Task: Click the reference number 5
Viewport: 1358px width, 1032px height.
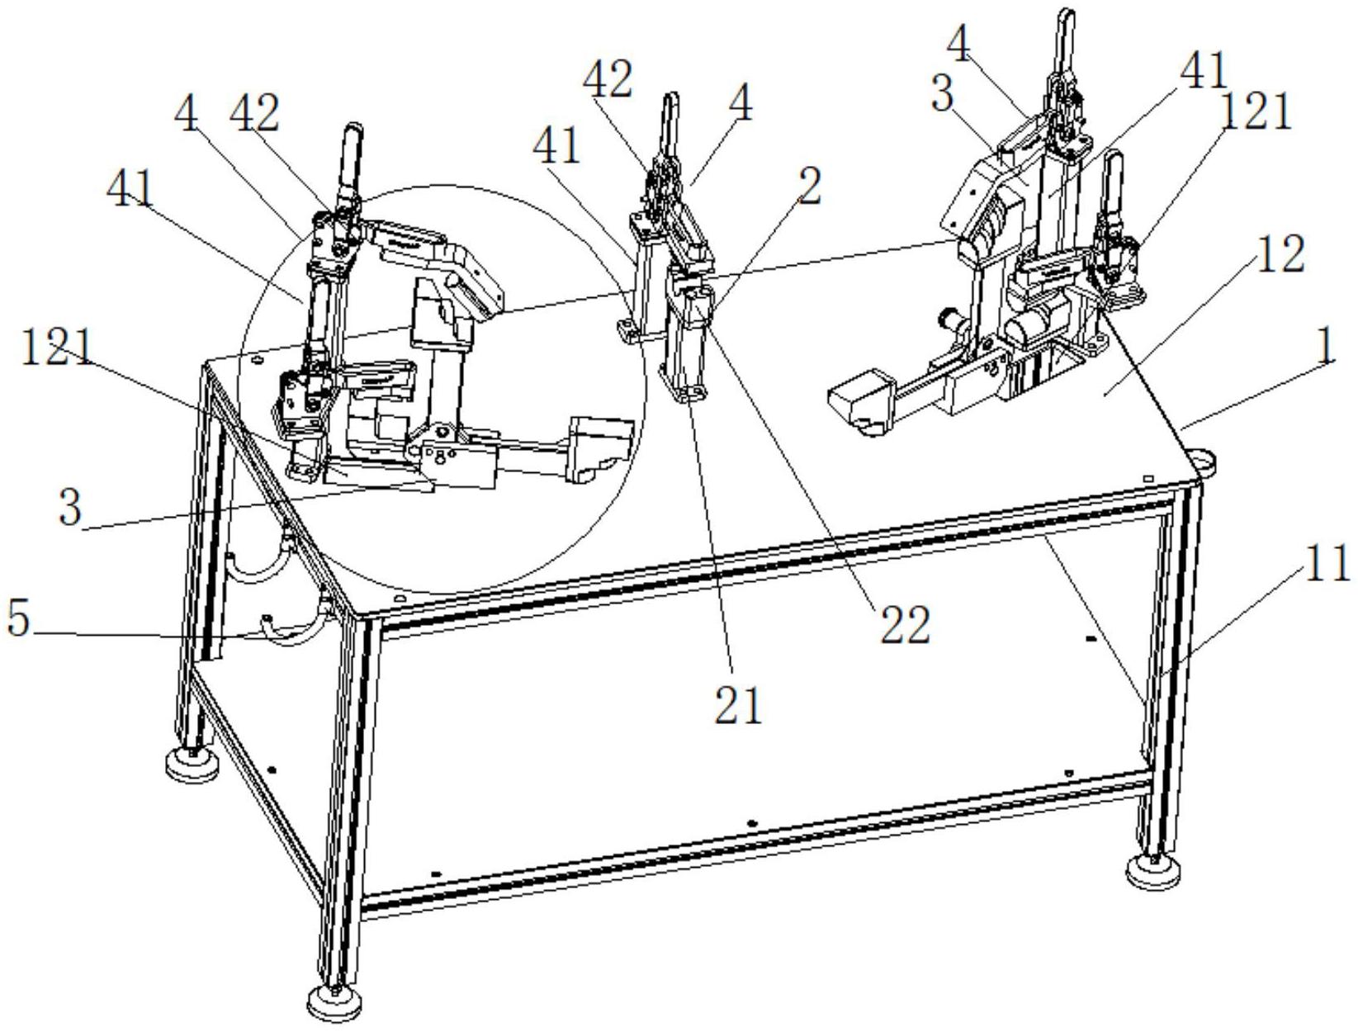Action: click(19, 618)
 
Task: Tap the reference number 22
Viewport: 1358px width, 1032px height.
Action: click(903, 623)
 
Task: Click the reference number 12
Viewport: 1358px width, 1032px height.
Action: click(1280, 253)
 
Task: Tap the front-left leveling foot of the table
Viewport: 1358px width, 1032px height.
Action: click(334, 1004)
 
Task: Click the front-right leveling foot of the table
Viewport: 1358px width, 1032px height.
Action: click(1152, 873)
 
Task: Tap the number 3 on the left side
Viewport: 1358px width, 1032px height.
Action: click(70, 506)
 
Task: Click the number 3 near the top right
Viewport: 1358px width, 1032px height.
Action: click(941, 95)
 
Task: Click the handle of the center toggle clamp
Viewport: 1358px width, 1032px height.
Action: click(670, 124)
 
